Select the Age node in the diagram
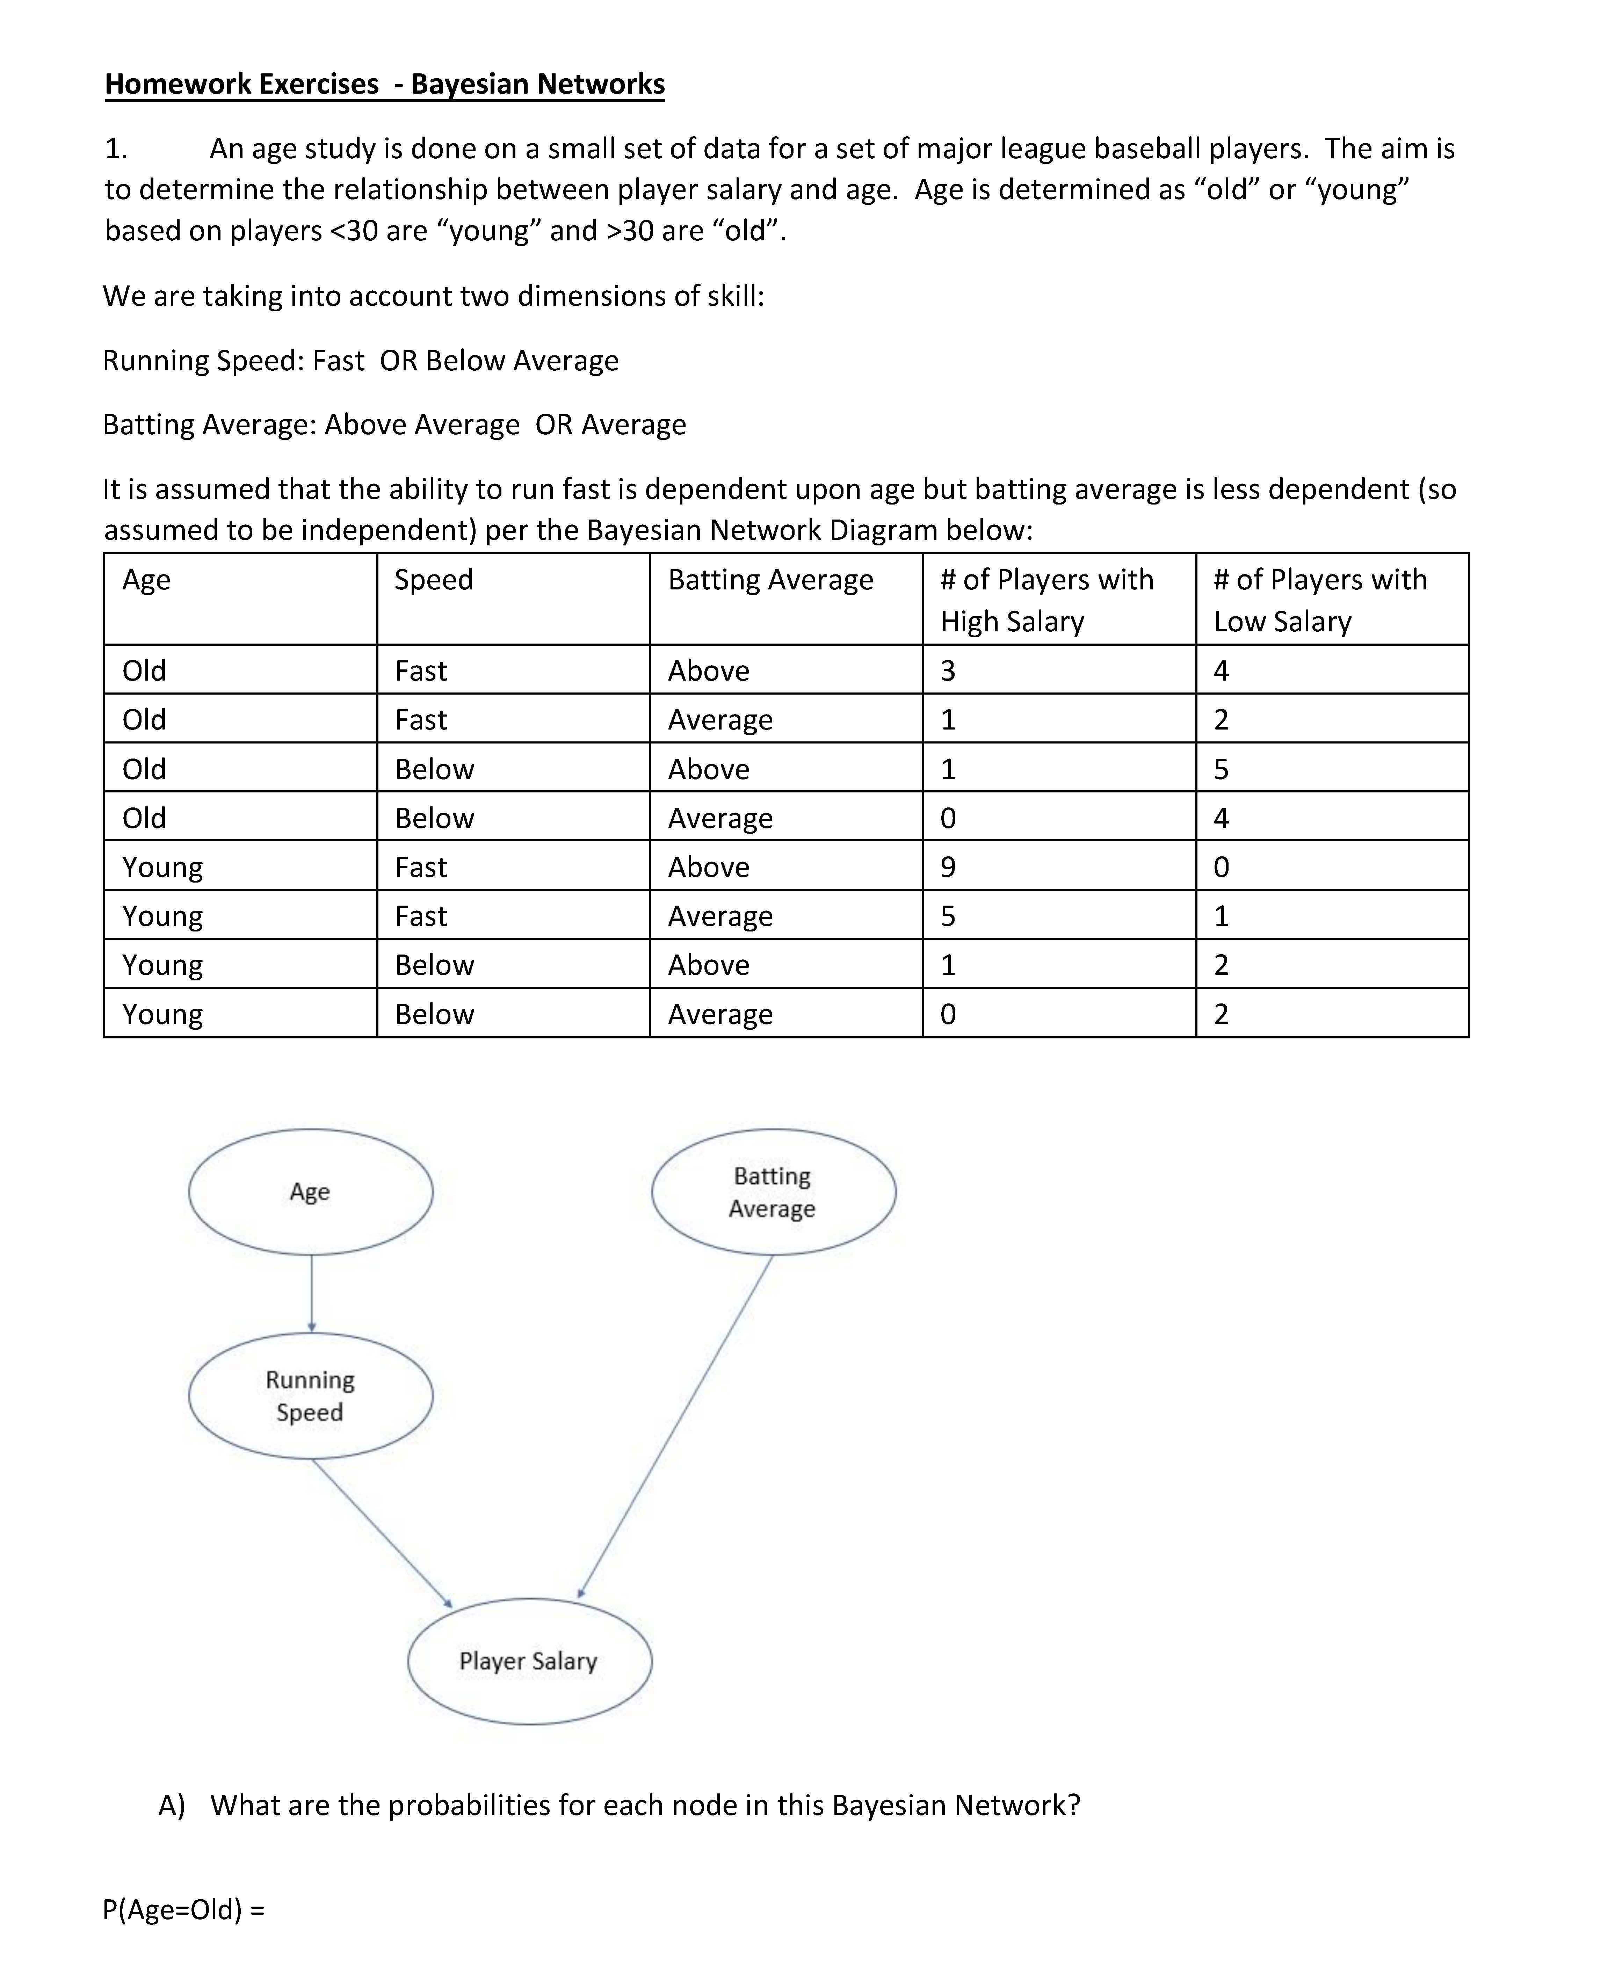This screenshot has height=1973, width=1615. click(311, 1192)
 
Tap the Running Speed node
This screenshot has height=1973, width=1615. click(311, 1395)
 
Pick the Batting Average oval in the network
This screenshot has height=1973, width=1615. click(773, 1192)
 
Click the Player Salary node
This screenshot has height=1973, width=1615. click(529, 1660)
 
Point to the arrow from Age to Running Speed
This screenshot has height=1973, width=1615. click(312, 1293)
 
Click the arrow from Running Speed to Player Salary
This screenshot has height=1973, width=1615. click(382, 1533)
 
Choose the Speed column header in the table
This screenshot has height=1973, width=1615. click(434, 580)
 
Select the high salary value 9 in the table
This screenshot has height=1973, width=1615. click(948, 867)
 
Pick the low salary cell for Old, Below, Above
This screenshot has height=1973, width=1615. click(1222, 769)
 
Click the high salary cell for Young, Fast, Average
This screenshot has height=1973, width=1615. click(948, 916)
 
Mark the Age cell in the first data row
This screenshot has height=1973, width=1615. click(144, 671)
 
